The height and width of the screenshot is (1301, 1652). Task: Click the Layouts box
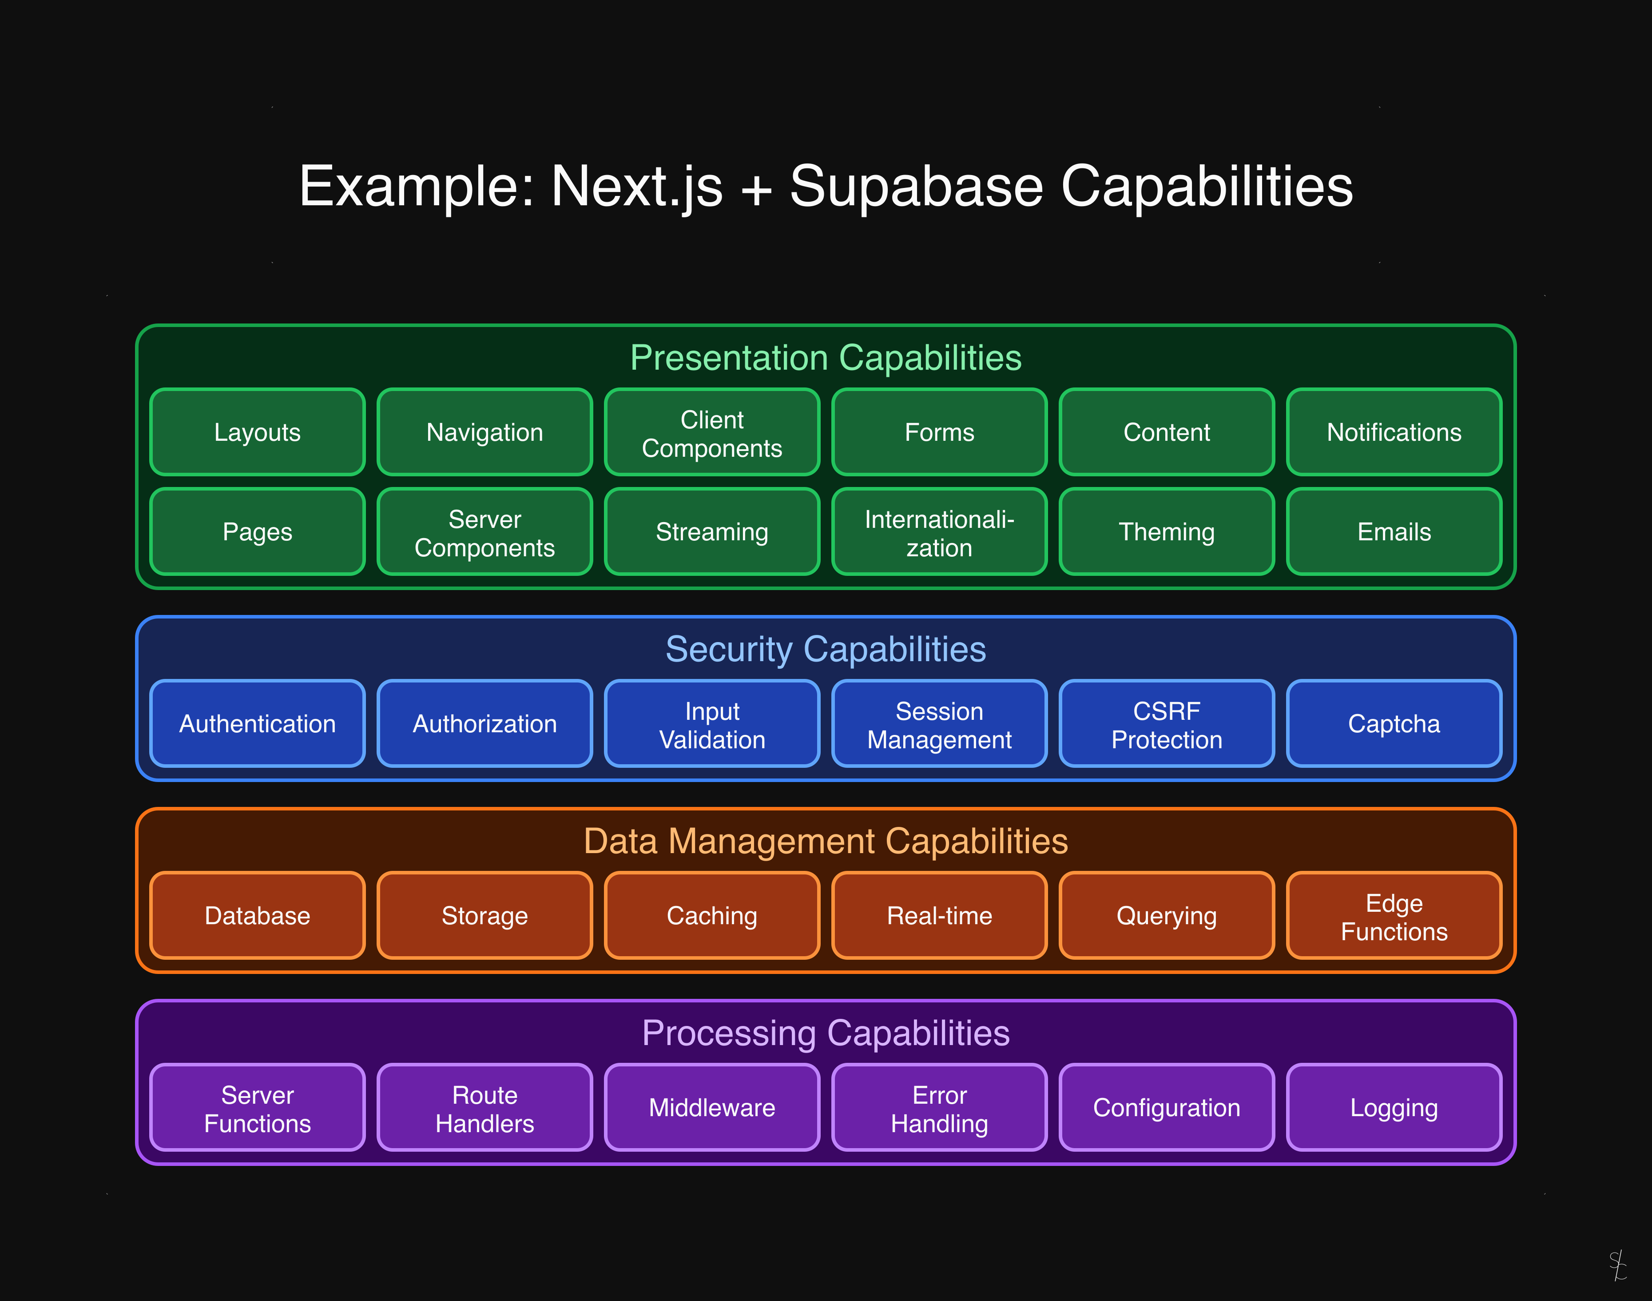pos(257,432)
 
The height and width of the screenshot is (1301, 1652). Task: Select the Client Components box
pos(712,432)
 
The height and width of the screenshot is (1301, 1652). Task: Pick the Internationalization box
pos(939,532)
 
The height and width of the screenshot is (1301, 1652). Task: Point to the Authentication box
pos(257,724)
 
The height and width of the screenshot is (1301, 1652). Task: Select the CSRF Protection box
pos(1166,724)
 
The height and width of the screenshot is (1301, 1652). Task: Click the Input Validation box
pos(712,724)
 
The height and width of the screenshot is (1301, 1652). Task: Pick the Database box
pos(257,916)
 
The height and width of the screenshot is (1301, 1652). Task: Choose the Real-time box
pos(939,916)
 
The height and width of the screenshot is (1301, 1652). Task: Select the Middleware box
pos(712,1108)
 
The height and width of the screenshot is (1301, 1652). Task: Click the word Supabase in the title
pos(916,187)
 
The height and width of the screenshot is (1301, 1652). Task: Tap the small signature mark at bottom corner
pos(1618,1265)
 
